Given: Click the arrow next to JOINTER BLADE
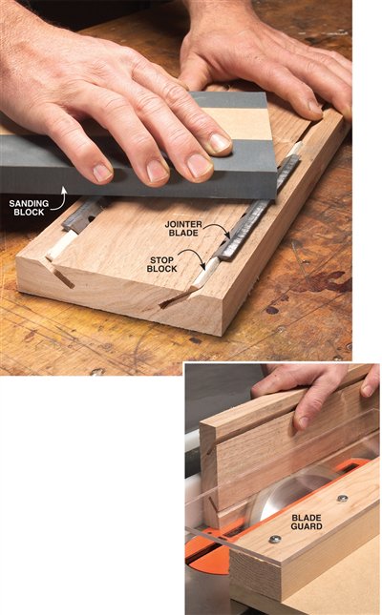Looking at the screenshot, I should pos(221,234).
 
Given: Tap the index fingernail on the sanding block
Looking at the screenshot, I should pos(221,143).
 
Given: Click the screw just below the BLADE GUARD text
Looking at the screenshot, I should pos(274,539).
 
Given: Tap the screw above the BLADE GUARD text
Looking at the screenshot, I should pos(341,498).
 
